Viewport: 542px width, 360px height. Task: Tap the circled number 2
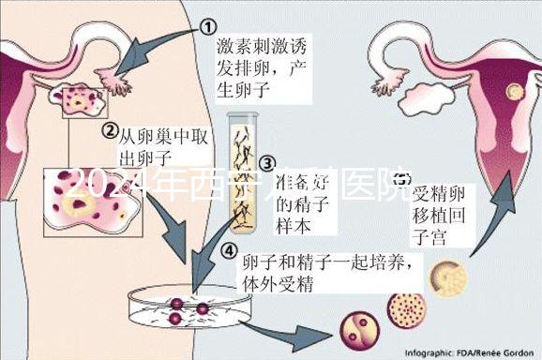109,129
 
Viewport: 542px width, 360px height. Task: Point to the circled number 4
229,249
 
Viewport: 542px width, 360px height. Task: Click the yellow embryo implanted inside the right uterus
514,91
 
